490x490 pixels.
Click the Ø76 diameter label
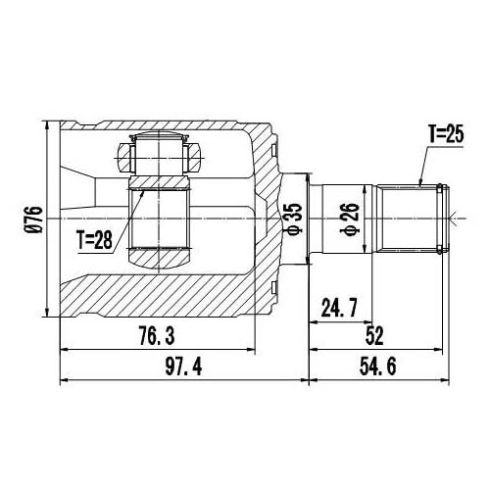[35, 220]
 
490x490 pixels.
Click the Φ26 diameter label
[345, 218]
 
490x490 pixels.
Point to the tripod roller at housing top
[158, 154]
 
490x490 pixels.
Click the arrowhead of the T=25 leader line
[420, 182]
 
